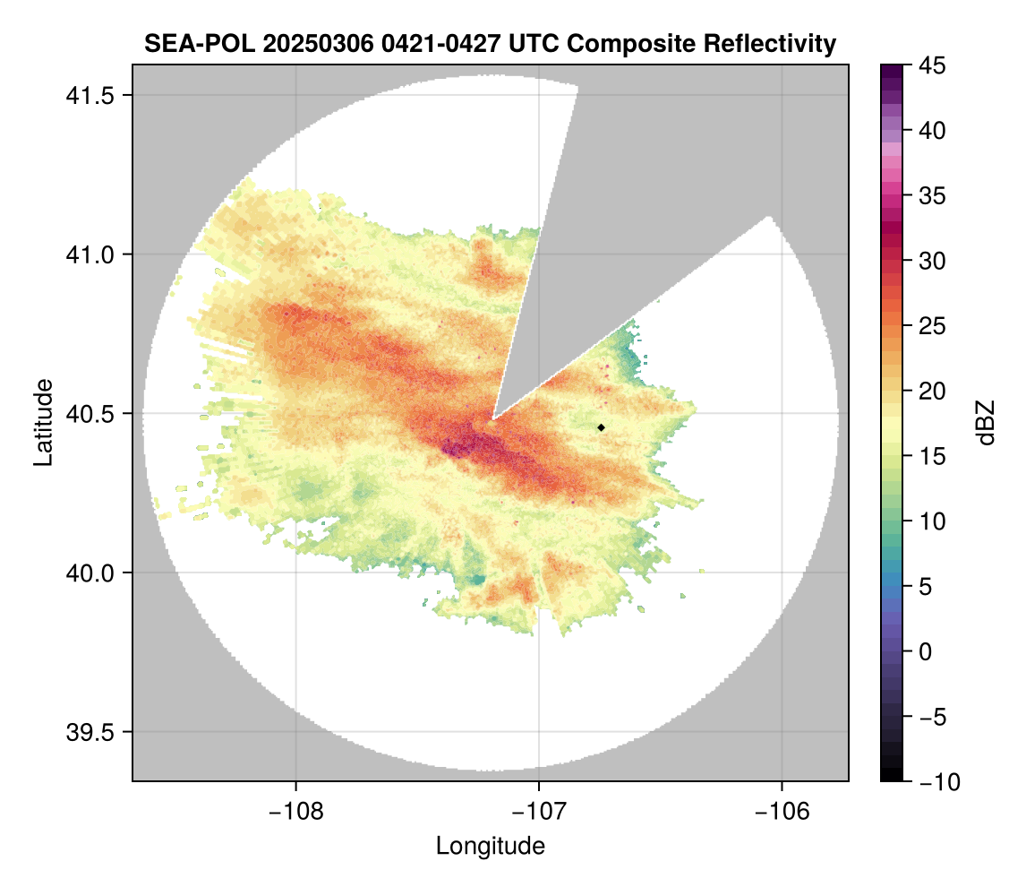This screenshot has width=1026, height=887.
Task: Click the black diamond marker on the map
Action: (x=601, y=428)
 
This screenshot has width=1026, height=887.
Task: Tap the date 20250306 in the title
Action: (x=304, y=43)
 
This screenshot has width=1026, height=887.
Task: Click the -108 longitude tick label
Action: (x=295, y=811)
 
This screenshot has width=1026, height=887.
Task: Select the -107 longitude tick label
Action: (x=539, y=811)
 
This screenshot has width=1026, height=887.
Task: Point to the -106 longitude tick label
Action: (x=782, y=811)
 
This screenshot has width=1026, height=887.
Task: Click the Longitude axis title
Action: (x=490, y=845)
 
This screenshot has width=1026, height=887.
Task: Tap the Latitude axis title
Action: (x=43, y=422)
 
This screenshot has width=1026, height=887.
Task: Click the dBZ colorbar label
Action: (x=986, y=423)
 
